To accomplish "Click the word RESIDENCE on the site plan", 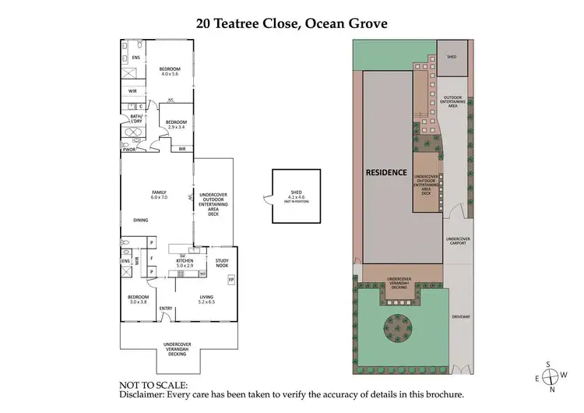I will click(x=387, y=172).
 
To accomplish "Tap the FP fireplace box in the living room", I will click(x=230, y=280).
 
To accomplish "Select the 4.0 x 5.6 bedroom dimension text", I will click(x=170, y=75).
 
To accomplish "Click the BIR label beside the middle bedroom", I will click(x=181, y=148).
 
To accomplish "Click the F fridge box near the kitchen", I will click(x=151, y=257).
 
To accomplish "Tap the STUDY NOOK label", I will click(x=221, y=263).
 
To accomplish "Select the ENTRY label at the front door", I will click(x=166, y=309).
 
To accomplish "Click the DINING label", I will click(x=141, y=221).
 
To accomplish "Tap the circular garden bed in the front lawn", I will click(x=396, y=328).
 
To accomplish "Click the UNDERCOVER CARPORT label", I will click(x=458, y=242).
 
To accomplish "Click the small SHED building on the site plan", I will click(x=452, y=58).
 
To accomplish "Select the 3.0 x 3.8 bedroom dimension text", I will click(x=137, y=301).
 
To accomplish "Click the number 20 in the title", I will click(x=203, y=23).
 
